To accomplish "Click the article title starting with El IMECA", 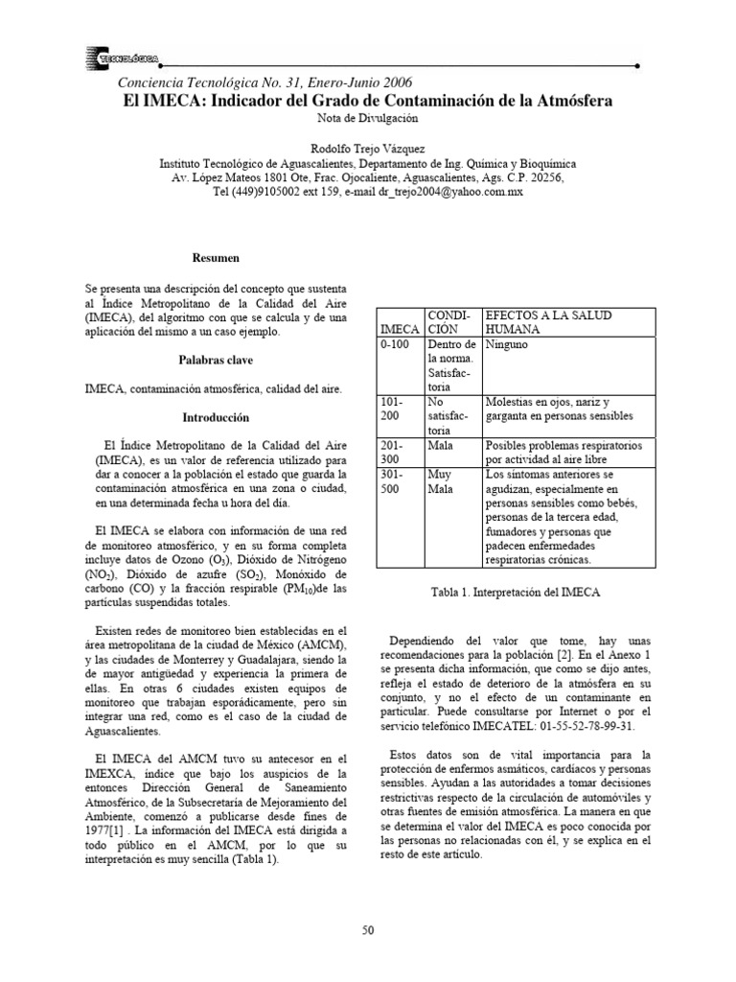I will coord(368,100).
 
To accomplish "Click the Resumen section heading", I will coord(216,259).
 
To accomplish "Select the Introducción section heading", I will coord(216,418).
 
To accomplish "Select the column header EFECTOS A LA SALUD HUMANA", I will coord(549,322).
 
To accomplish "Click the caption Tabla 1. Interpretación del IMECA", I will coord(517,593).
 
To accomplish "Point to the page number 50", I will coord(367,930).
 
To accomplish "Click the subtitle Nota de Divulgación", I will coord(368,118).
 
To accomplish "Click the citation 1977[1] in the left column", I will coord(106,829).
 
